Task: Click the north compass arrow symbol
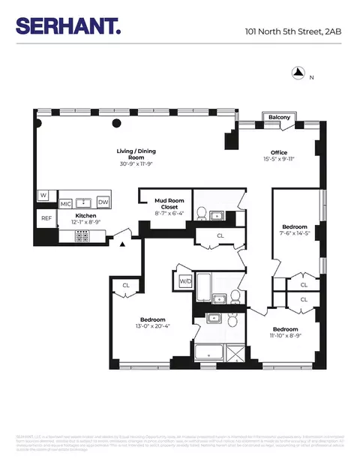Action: click(x=298, y=73)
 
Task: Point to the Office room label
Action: click(x=279, y=153)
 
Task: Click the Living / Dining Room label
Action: click(x=135, y=153)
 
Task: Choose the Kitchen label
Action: click(x=85, y=215)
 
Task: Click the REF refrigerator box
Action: click(x=46, y=219)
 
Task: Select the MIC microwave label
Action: click(x=65, y=202)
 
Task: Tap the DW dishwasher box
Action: click(x=103, y=202)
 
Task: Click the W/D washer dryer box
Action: click(x=184, y=281)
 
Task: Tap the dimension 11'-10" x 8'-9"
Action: click(x=285, y=336)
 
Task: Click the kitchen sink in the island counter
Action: click(x=84, y=202)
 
